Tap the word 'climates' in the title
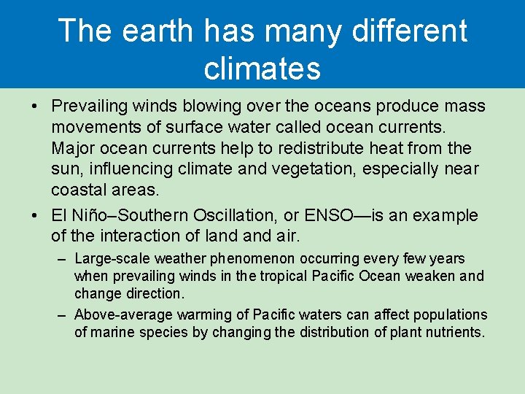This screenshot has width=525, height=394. coord(262,68)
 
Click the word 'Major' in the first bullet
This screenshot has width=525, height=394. coord(71,148)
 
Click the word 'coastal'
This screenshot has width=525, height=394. coord(77,190)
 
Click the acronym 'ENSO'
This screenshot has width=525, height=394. coord(328,215)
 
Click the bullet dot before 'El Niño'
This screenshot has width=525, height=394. coord(35,215)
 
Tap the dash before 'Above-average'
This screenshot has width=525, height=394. coord(63,315)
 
